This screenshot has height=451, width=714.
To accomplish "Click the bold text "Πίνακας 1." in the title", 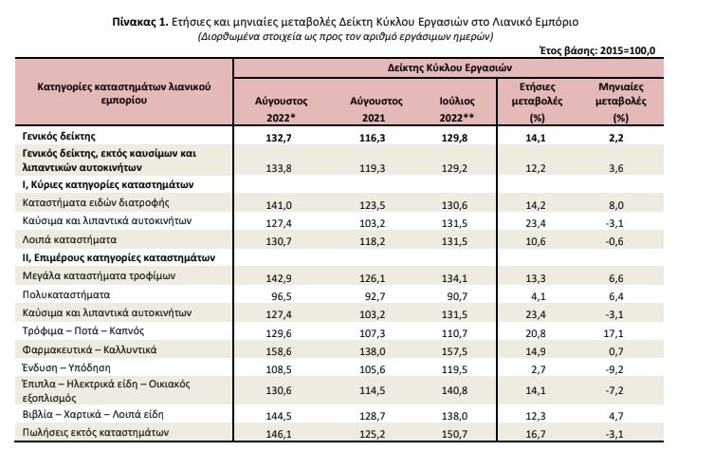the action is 140,22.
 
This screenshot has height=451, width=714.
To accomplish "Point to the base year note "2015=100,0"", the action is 628,50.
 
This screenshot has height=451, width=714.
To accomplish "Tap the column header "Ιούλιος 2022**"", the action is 457,109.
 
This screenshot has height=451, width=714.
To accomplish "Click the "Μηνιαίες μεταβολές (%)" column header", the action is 621,103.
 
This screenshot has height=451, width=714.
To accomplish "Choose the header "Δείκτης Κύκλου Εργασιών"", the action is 449,68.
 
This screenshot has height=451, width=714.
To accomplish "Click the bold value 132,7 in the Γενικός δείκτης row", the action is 279,138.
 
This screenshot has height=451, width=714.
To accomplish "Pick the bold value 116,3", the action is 372,138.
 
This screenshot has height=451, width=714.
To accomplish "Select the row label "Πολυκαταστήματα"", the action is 66,294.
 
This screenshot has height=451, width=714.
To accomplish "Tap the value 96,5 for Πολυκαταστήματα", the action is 282,296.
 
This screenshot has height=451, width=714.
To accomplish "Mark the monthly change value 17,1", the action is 613,333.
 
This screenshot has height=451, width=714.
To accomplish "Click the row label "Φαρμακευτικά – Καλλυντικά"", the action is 89,349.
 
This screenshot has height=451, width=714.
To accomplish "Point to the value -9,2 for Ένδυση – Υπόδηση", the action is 614,370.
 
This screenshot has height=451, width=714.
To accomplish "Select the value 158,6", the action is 279,351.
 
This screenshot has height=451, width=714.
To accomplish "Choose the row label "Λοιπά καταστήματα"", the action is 69,239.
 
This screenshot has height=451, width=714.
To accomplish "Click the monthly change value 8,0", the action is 616,205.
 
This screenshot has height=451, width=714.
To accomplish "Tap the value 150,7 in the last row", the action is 454,434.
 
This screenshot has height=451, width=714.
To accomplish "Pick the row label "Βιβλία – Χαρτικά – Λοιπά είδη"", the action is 93,415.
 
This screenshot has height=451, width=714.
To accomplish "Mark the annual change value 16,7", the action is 536,434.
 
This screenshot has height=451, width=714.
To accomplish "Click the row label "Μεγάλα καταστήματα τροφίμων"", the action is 99,276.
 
